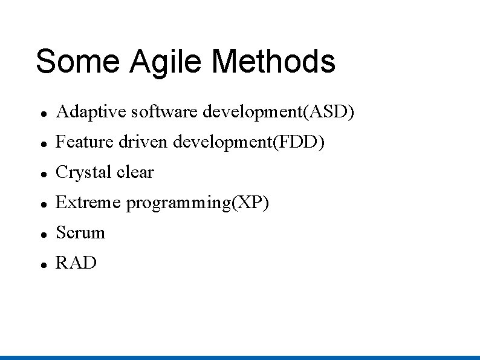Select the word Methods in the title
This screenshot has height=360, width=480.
[273, 62]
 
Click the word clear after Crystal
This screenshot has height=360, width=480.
[135, 172]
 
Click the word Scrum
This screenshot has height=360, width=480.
[80, 233]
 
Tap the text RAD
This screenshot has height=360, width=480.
[76, 263]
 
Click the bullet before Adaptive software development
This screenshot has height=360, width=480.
[40, 113]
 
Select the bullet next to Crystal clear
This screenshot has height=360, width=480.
[40, 174]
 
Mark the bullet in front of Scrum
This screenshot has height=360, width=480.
[40, 234]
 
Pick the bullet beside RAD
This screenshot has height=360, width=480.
[40, 264]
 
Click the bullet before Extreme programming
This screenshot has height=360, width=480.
[40, 204]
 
